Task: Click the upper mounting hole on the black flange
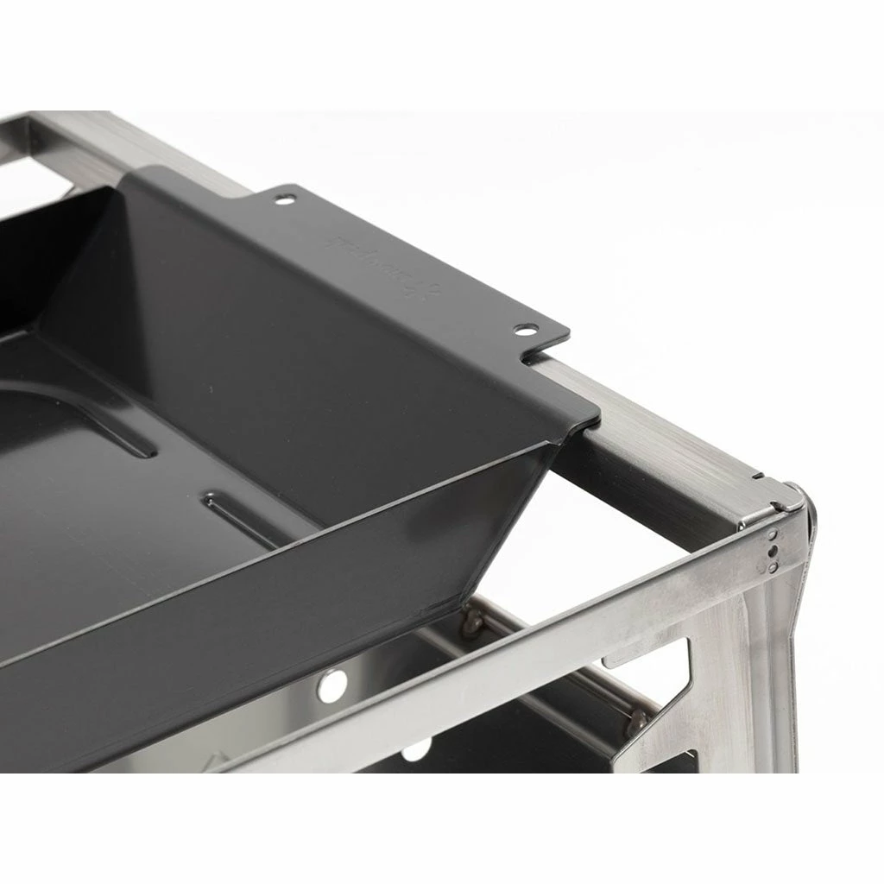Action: click(283, 199)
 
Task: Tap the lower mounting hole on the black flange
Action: click(524, 330)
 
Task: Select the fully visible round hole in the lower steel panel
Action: click(331, 685)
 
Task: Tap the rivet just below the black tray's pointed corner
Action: click(472, 618)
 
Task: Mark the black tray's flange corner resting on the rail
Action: click(587, 414)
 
